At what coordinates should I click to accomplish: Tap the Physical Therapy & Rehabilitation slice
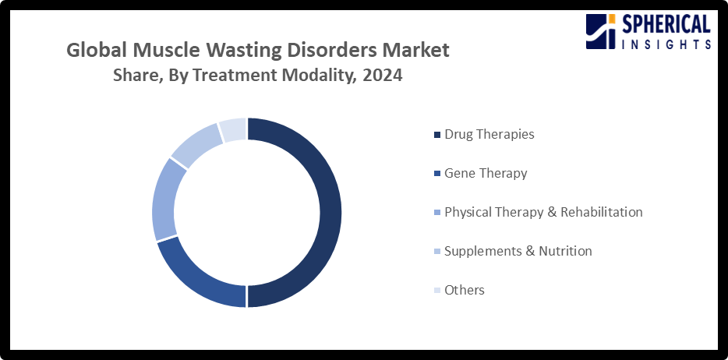pos(164,199)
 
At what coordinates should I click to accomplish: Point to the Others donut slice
pos(233,129)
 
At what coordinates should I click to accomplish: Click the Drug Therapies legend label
pos(489,134)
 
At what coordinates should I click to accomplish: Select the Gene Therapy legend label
pos(485,173)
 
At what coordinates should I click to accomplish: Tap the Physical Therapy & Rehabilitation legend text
pos(542,212)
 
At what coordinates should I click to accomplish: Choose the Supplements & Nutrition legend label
pos(518,251)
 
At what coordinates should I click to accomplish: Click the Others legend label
pos(464,290)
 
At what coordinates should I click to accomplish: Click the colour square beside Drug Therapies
pos(436,135)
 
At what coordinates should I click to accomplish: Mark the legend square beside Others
pos(436,291)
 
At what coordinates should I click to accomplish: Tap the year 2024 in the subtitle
pos(382,76)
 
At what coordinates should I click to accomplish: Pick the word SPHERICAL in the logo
pos(666,25)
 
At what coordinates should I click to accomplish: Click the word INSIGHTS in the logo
pos(666,44)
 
